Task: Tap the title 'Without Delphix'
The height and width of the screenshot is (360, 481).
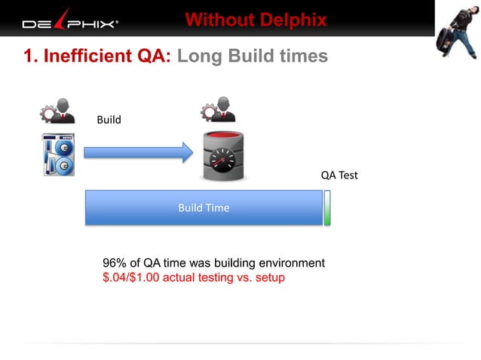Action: (x=256, y=20)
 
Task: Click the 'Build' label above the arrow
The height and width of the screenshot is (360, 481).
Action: (x=109, y=120)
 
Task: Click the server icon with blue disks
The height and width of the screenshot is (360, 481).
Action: (x=58, y=154)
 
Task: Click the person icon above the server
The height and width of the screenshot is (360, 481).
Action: (x=57, y=111)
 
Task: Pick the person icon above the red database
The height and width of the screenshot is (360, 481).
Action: (x=218, y=110)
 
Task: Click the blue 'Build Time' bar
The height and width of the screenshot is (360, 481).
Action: (x=204, y=208)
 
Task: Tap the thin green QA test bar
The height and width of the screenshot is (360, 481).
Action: (x=327, y=208)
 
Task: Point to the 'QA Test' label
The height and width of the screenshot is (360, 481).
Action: (x=339, y=175)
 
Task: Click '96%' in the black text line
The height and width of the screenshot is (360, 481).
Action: (x=114, y=263)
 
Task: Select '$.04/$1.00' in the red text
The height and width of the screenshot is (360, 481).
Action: (x=132, y=277)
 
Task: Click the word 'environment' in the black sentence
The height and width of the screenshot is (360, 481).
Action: (x=292, y=263)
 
